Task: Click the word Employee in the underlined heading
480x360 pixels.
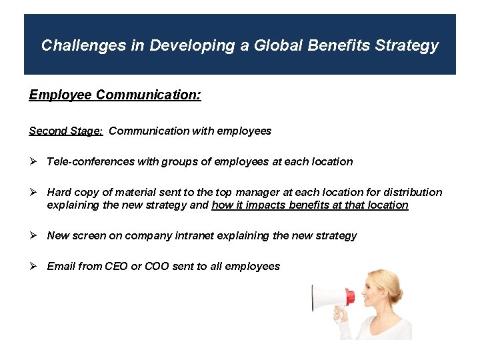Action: [x=60, y=95]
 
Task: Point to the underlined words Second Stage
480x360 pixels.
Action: [x=65, y=131]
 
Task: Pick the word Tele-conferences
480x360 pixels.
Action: [x=91, y=161]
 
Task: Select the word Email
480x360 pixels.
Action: [x=61, y=266]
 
